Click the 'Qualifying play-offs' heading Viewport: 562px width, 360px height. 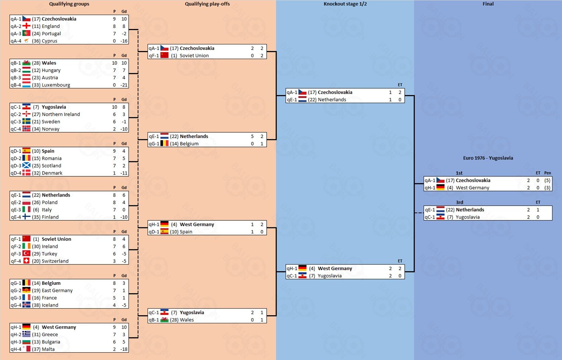(207, 4)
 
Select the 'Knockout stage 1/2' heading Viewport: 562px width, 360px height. (345, 4)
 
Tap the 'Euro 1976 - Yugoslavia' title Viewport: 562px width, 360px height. (488, 158)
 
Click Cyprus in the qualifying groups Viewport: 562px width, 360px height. (50, 41)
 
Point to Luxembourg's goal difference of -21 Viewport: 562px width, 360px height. (124, 85)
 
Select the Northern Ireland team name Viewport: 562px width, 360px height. (61, 114)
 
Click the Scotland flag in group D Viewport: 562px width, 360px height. (26, 166)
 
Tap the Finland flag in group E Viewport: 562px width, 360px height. (26, 217)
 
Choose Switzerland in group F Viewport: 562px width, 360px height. (55, 261)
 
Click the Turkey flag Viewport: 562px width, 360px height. (26, 253)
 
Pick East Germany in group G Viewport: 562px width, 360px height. (57, 290)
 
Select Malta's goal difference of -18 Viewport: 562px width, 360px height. (124, 349)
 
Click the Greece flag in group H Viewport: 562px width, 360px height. (26, 334)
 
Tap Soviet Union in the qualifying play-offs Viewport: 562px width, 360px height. (194, 56)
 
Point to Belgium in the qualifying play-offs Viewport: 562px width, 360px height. (189, 144)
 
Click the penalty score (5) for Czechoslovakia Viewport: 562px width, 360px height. (547, 180)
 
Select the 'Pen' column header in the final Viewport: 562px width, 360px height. (547, 173)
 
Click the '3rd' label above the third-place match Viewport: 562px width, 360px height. (460, 202)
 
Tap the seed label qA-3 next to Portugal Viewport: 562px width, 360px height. (16, 34)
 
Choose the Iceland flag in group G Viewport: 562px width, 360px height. (26, 305)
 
